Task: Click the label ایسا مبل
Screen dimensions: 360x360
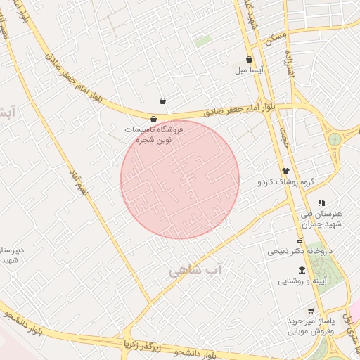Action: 250,71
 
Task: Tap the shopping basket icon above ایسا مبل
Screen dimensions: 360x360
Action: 250,60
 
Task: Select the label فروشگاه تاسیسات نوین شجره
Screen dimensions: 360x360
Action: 154,134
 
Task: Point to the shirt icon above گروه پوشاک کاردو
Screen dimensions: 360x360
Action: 285,171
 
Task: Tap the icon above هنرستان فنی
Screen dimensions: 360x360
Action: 321,203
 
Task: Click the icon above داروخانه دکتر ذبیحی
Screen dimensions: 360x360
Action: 300,241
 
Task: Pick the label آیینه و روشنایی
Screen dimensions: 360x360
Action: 283,281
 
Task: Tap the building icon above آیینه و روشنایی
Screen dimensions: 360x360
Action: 302,271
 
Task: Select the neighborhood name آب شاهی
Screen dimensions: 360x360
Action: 195,269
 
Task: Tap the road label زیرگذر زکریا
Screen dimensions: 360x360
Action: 143,345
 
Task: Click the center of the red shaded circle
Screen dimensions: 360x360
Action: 180,180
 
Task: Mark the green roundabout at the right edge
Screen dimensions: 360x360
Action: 335,139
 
